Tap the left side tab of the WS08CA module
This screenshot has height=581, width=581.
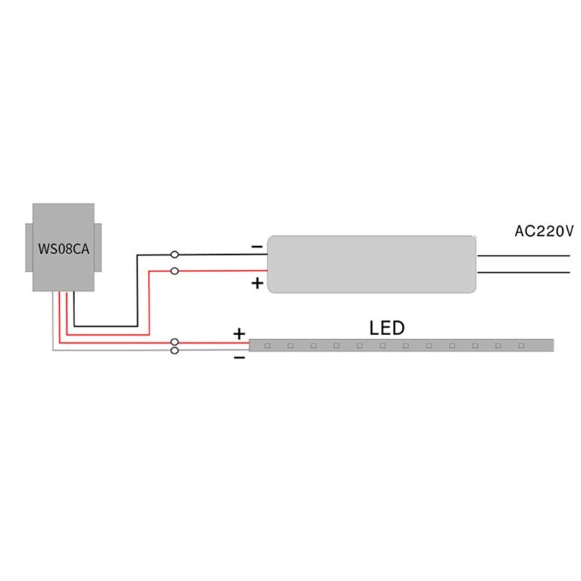click(x=27, y=246)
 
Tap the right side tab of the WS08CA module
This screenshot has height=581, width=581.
click(x=97, y=246)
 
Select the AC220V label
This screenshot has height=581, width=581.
click(x=544, y=232)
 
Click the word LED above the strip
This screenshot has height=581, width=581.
click(x=386, y=328)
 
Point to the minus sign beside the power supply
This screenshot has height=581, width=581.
click(x=257, y=247)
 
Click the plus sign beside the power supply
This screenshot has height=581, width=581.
click(x=257, y=284)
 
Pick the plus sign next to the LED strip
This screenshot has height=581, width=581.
click(x=239, y=334)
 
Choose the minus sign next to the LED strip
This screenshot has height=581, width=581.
click(x=239, y=359)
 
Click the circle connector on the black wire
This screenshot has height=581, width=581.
click(x=174, y=254)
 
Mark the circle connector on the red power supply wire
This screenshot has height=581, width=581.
click(x=174, y=271)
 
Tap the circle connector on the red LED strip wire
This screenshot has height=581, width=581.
click(x=174, y=342)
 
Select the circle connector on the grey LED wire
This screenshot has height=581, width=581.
click(x=174, y=351)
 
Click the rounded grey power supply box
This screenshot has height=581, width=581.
click(x=370, y=263)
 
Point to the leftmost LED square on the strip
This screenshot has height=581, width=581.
click(x=267, y=345)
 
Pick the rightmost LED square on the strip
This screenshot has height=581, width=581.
click(x=523, y=345)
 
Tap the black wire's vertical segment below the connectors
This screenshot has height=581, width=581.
click(x=137, y=290)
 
